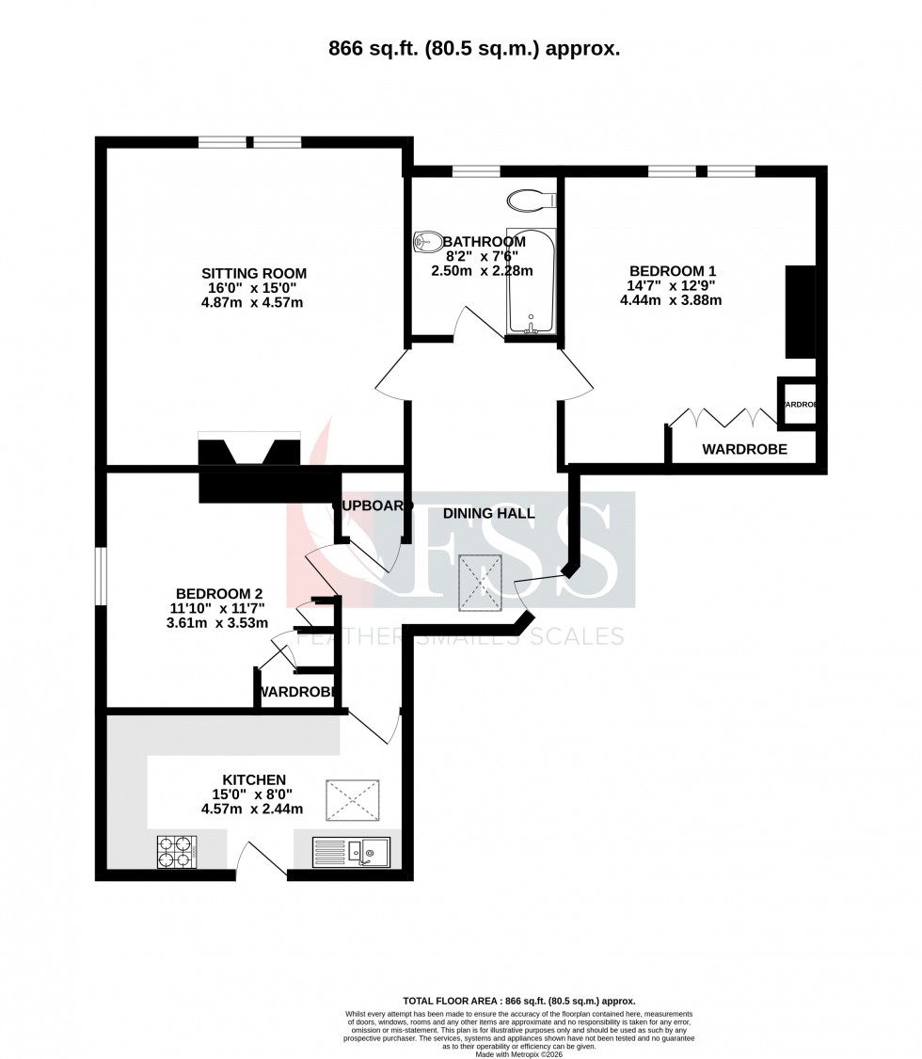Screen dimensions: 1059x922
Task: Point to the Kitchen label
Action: point(253,780)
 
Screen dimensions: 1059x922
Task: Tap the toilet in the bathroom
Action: point(428,242)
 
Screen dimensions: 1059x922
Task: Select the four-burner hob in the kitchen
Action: point(176,852)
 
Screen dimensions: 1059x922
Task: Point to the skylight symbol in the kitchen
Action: point(352,801)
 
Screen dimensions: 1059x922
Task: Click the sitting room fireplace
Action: point(248,452)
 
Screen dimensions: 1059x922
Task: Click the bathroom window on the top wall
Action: point(475,171)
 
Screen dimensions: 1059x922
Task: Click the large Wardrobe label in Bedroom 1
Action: point(745,450)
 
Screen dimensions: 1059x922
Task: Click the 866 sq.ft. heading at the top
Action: point(460,50)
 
